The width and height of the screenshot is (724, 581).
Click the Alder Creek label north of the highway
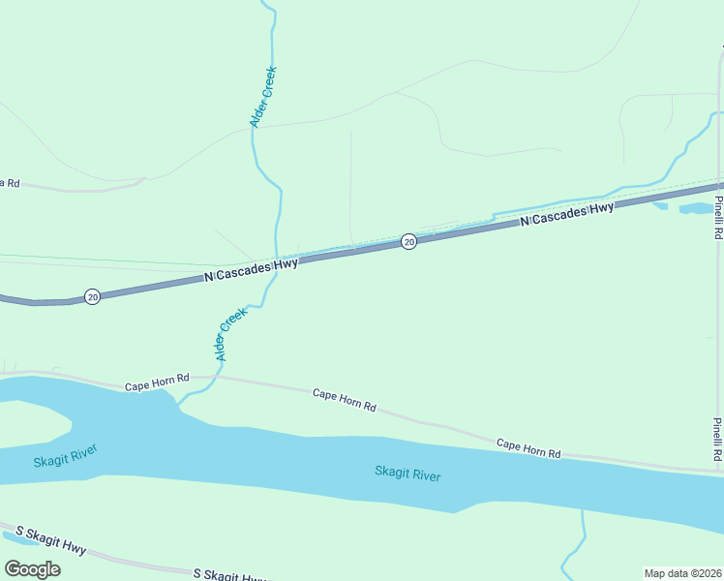[263, 96]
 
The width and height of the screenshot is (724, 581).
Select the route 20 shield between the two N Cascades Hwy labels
[408, 241]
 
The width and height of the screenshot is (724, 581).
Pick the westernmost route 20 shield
[91, 295]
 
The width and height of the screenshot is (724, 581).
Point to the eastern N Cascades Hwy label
[567, 214]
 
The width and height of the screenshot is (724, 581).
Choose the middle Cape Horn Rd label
[344, 400]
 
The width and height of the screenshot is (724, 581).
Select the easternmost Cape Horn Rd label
[528, 448]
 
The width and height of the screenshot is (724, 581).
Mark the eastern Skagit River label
[407, 474]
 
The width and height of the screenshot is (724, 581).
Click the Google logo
[32, 568]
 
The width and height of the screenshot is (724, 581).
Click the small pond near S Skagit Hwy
[19, 535]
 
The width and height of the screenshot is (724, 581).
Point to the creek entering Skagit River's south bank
[583, 523]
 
